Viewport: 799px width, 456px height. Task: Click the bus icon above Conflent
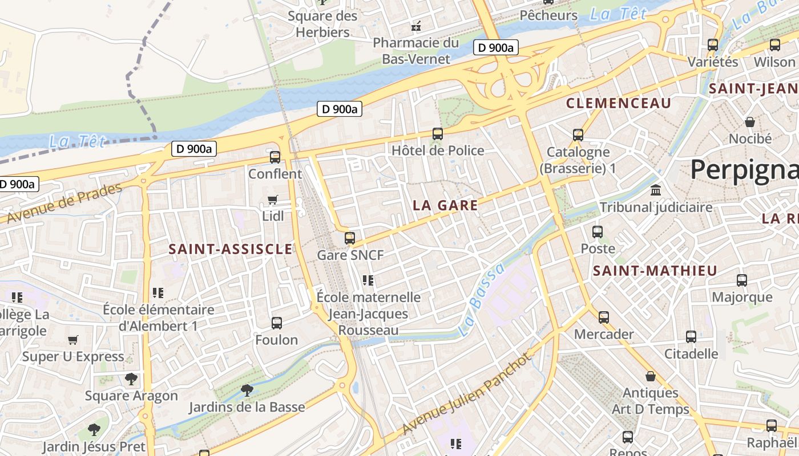click(275, 157)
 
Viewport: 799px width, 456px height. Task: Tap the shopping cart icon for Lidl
click(273, 199)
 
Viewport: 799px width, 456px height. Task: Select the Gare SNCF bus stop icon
click(350, 238)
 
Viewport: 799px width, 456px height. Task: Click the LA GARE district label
click(445, 206)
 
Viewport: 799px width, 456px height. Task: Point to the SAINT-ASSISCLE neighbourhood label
click(231, 249)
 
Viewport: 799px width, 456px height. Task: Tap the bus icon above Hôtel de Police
click(438, 134)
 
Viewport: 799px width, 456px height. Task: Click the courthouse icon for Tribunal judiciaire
click(656, 190)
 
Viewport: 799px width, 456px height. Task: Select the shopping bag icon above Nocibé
click(750, 122)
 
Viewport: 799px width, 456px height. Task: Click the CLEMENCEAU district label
click(619, 103)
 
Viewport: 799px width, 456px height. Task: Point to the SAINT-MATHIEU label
click(655, 271)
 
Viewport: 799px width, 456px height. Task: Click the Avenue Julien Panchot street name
click(467, 393)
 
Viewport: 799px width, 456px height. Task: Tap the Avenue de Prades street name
click(64, 203)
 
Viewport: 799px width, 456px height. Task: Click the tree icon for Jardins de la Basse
click(247, 390)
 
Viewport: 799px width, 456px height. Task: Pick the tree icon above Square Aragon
click(131, 378)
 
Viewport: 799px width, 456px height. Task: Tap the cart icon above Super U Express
click(73, 340)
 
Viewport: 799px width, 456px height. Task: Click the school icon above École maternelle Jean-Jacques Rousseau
click(368, 280)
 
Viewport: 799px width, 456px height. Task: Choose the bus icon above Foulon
click(277, 323)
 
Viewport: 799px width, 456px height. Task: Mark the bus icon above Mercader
click(604, 317)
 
